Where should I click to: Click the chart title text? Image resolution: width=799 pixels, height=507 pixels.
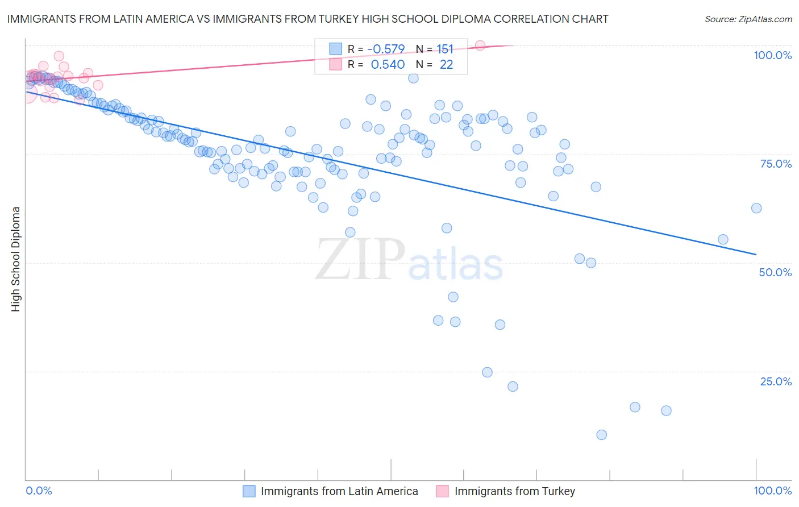coord(307,19)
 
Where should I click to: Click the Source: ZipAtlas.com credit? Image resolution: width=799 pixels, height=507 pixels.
coord(748,19)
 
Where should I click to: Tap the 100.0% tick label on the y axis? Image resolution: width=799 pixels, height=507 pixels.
coord(772,55)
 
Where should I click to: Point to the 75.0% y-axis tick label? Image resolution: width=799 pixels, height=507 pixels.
coord(776,164)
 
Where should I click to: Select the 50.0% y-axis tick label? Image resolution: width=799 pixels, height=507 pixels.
coord(775,272)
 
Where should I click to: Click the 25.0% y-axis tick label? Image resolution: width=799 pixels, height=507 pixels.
coord(776,381)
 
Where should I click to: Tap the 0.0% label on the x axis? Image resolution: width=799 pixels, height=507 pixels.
coord(39,491)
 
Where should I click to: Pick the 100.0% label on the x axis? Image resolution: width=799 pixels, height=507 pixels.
coord(772,491)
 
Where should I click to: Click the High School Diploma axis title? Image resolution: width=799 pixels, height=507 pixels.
coord(16,259)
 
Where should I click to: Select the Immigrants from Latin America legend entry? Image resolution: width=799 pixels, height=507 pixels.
coord(339,491)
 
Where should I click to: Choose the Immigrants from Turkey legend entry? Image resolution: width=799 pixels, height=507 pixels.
coord(514,491)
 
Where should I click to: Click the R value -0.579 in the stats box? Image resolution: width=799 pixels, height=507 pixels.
coord(386,49)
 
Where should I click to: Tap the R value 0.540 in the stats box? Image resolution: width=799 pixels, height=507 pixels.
coord(388,65)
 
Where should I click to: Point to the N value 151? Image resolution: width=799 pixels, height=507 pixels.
coord(445,49)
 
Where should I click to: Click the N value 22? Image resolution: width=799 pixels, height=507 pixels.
coord(446,65)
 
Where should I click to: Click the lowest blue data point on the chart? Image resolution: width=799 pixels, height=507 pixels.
coord(601,435)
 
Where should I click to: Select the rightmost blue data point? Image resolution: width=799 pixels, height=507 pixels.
coord(756,208)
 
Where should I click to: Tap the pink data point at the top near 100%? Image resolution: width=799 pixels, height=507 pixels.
coord(480,45)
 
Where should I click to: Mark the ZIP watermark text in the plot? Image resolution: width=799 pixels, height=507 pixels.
coord(360,259)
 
